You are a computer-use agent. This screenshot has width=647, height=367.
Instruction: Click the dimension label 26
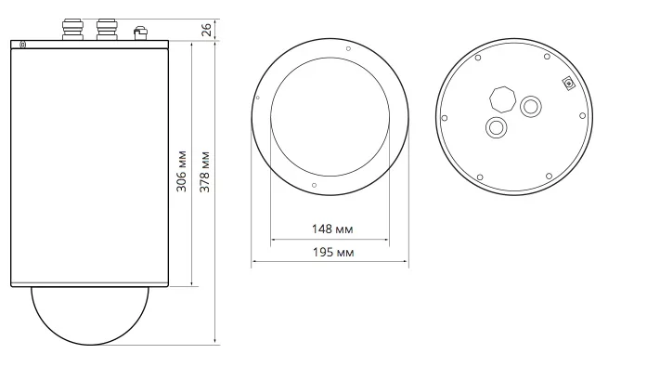pyautogui.click(x=206, y=30)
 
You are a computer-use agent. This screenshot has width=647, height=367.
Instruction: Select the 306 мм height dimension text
pyautogui.click(x=181, y=171)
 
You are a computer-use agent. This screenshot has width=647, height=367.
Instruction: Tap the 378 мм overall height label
pyautogui.click(x=204, y=172)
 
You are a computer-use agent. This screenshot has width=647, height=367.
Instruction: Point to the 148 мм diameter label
pyautogui.click(x=332, y=229)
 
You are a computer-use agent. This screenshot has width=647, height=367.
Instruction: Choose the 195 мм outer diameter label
pyautogui.click(x=333, y=252)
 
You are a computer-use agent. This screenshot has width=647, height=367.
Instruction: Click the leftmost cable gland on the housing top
pyautogui.click(x=72, y=30)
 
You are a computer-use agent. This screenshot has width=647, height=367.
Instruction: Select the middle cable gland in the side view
pyautogui.click(x=107, y=30)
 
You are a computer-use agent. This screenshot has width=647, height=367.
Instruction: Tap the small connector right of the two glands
pyautogui.click(x=140, y=33)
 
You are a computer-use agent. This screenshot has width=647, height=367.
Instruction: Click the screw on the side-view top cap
pyautogui.click(x=23, y=45)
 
